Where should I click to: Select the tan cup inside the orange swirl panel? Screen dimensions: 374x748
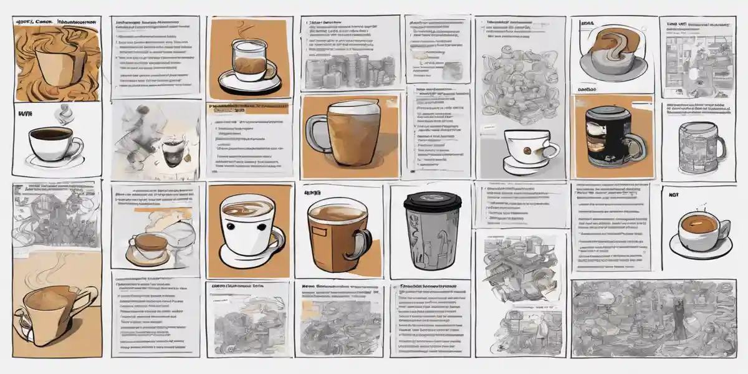coord(56,65)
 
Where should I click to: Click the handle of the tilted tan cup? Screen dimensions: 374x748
coord(87,299)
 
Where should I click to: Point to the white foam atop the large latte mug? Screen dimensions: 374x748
coord(354,108)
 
